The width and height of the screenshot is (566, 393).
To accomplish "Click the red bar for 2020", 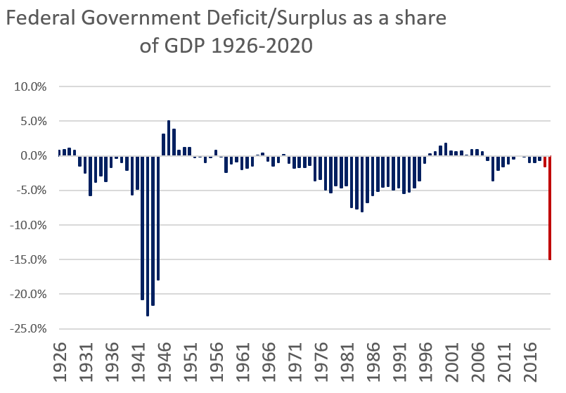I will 549,211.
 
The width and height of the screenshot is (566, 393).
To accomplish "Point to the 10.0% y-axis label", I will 31,87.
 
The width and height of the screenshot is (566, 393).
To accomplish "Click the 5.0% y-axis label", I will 33,122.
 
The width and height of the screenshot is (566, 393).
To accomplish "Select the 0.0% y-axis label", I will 33,156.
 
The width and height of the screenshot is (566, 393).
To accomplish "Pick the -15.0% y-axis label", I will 30,260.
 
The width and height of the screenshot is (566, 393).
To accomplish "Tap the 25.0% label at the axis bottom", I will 31,329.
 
